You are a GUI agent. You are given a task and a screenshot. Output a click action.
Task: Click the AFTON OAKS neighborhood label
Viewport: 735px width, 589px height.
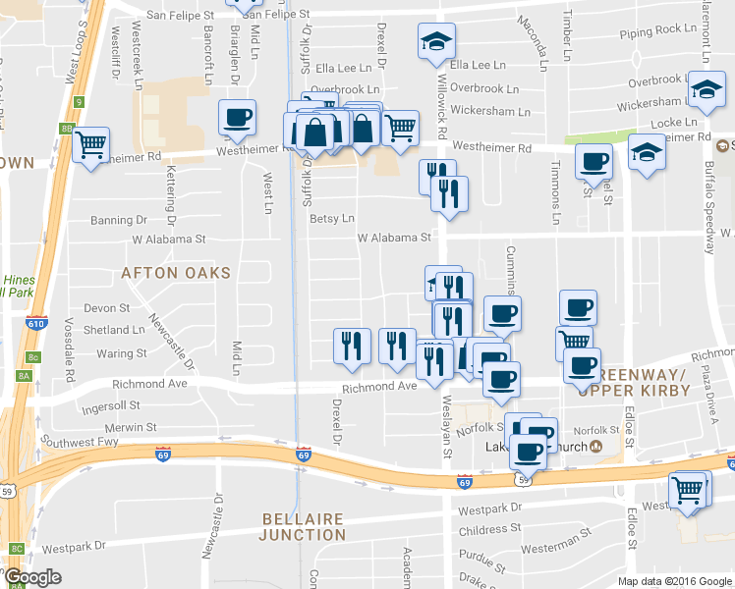pos(176,273)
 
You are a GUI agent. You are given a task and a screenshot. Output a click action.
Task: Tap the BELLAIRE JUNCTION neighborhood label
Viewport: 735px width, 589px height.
pos(302,526)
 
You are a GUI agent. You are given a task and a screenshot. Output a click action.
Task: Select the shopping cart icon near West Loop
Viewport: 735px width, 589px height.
pos(91,145)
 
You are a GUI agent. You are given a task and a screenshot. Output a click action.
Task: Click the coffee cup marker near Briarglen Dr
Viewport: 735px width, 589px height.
pos(237,119)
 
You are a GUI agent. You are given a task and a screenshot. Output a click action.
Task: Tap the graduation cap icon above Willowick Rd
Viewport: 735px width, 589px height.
pos(436,42)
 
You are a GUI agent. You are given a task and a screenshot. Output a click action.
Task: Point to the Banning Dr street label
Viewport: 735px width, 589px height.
pos(119,220)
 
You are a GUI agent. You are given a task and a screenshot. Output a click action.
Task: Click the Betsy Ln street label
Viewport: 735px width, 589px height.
pos(331,219)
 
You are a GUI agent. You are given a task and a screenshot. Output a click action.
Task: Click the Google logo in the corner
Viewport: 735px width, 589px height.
pos(31,577)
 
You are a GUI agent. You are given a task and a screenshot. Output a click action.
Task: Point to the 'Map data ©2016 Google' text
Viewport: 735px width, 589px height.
pos(673,581)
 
